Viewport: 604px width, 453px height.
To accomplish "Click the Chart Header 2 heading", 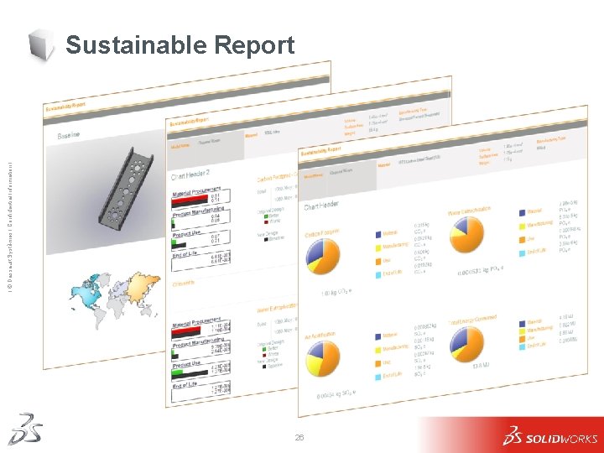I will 190,174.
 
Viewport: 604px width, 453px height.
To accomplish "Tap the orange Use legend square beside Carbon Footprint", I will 375,259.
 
